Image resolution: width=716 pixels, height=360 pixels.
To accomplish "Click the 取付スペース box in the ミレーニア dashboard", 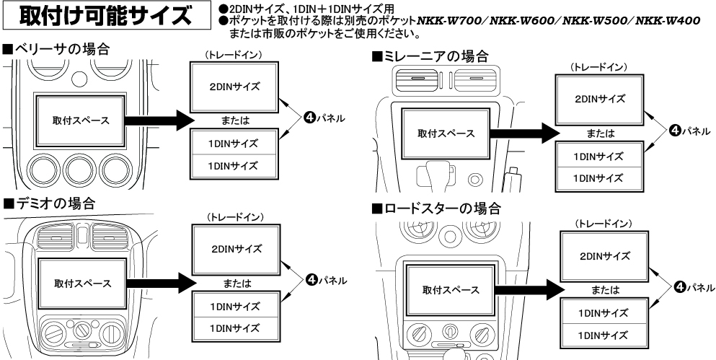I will [x=446, y=133].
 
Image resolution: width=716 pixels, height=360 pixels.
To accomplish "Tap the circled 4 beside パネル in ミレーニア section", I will [x=674, y=130].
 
